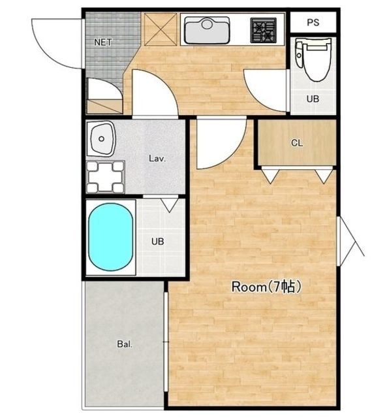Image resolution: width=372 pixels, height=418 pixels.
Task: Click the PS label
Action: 313,22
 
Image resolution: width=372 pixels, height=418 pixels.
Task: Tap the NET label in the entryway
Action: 103,42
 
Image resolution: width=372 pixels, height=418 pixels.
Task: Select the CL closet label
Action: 297,143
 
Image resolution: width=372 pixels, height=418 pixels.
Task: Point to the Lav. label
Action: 157,159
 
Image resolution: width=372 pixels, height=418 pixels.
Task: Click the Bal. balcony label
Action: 125,344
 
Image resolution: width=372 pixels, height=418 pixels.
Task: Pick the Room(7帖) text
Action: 266,287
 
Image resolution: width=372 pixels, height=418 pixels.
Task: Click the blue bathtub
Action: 110,237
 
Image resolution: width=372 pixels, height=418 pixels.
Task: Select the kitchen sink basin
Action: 207,30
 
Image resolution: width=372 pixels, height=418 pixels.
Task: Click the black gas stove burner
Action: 263,30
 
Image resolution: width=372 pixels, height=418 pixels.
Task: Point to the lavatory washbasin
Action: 102,138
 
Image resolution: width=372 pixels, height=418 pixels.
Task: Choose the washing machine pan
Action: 105,177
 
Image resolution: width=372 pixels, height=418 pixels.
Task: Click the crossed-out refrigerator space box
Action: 161,29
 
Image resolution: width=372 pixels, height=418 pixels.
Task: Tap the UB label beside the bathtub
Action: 157,242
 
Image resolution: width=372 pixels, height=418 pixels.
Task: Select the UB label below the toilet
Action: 313,99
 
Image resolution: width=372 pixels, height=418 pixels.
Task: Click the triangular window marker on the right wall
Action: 351,241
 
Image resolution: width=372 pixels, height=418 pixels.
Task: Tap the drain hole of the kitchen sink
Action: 207,25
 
